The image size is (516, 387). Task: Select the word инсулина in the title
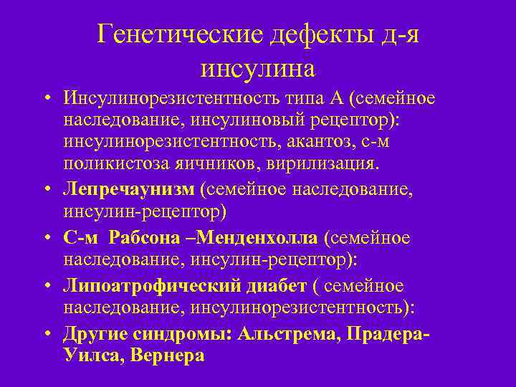257,69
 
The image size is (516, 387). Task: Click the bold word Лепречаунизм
129,188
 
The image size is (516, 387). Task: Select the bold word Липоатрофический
144,285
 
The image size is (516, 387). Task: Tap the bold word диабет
269,285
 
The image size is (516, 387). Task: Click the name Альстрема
287,333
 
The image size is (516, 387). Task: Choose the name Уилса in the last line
89,355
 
